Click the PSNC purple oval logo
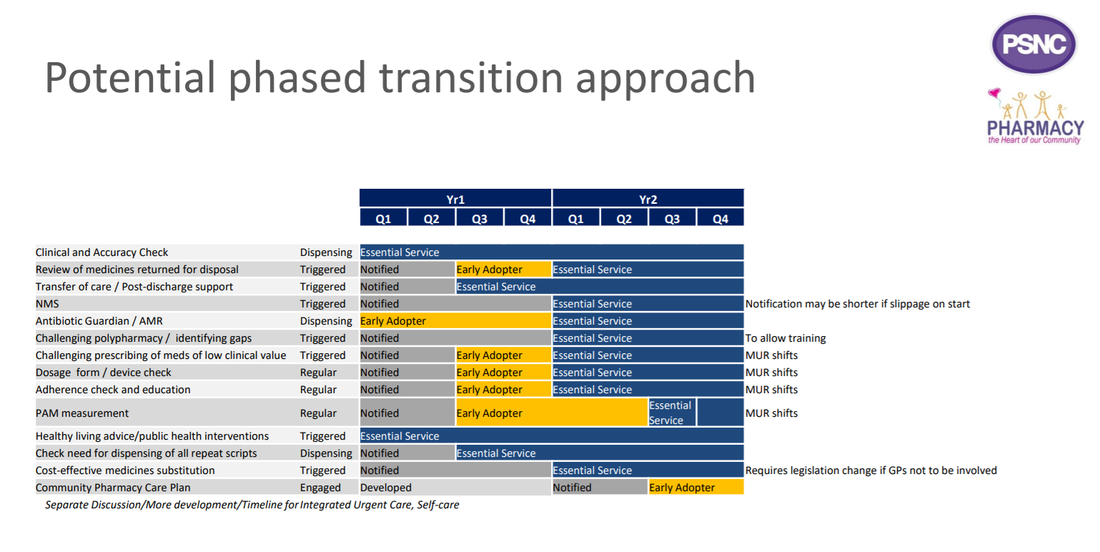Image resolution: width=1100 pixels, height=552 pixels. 1034,44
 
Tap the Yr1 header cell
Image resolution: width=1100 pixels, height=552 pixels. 455,198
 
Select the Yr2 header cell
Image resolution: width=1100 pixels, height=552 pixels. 648,198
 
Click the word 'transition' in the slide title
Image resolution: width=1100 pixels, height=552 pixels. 471,78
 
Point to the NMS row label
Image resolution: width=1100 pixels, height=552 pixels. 47,304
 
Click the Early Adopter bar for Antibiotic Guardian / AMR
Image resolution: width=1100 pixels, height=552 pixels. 455,321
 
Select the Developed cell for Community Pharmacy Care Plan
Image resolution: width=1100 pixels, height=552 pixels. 455,488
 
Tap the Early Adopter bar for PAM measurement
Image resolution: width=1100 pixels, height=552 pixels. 552,413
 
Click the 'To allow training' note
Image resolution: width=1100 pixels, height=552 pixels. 786,338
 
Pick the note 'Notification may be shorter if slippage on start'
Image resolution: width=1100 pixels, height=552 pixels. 858,304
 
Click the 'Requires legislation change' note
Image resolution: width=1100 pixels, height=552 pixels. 871,470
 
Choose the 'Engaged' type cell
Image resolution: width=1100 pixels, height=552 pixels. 320,488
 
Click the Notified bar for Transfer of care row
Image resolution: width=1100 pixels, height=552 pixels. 407,287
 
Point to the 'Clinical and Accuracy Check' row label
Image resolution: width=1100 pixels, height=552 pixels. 101,252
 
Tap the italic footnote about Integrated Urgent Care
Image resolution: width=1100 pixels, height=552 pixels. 252,505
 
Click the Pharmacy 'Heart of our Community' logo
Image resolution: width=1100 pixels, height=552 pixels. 1035,117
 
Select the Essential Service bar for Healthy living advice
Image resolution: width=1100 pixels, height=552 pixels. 552,436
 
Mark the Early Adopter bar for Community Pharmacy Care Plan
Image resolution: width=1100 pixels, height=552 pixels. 696,488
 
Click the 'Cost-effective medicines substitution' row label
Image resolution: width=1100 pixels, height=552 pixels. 125,470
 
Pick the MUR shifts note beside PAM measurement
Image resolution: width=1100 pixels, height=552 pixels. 771,413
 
